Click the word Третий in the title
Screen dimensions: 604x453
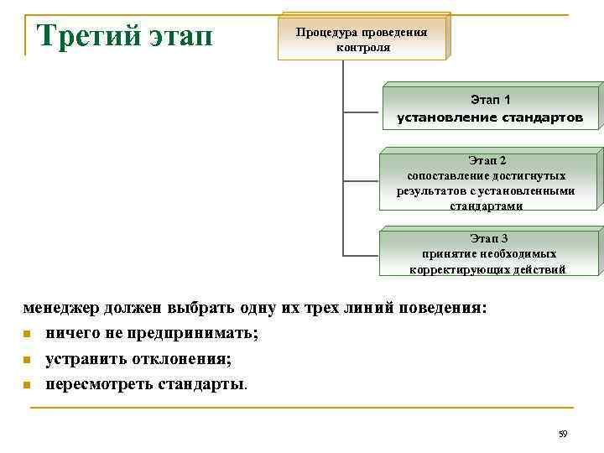(90, 38)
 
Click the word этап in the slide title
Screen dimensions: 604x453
(185, 38)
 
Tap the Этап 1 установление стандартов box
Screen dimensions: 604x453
(490, 109)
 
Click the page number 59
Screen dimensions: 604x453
(563, 434)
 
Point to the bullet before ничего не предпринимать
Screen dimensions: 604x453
(27, 335)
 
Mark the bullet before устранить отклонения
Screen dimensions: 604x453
(27, 361)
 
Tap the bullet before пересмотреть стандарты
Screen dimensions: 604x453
(27, 386)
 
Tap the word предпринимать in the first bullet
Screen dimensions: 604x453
(185, 334)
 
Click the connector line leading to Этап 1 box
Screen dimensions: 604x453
(364, 109)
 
